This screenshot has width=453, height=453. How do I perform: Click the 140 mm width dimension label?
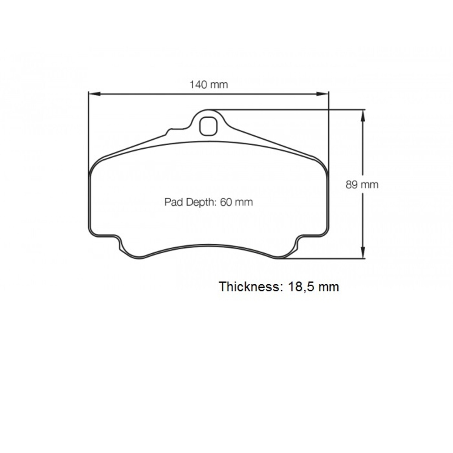point(209,84)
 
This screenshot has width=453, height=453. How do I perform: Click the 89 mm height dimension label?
point(362,185)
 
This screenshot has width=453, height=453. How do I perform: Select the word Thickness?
point(249,287)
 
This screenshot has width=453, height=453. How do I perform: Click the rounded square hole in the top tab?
point(208,126)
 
